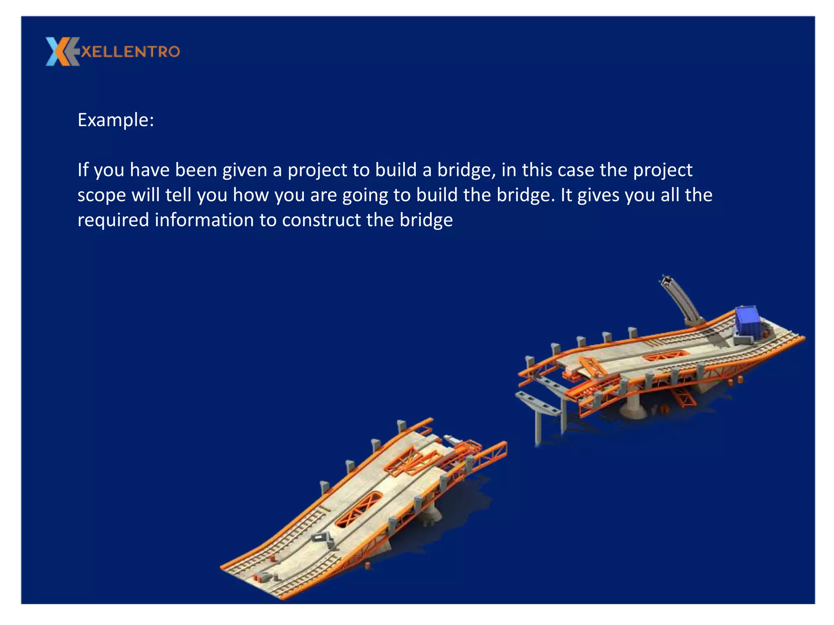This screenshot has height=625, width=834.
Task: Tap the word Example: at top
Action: (116, 120)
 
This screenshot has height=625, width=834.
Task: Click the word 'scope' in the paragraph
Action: (101, 196)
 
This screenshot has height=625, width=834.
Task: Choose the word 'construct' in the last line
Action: (321, 221)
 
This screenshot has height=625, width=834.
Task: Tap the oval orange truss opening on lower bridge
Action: (359, 509)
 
